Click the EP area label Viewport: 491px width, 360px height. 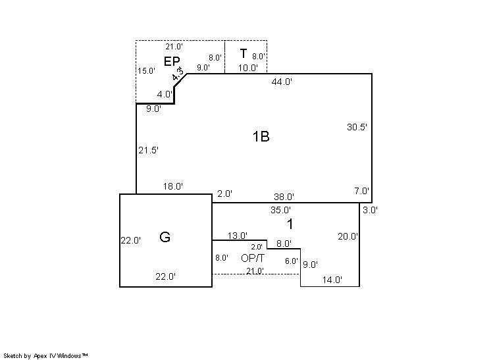pos(172,61)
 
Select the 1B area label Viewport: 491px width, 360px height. pos(261,136)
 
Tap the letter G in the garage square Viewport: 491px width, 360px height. pos(165,237)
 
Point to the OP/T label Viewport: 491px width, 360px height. pos(253,258)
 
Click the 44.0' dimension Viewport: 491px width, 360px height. pos(282,82)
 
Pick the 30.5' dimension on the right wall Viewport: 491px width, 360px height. pos(357,127)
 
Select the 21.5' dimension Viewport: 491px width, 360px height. pos(149,150)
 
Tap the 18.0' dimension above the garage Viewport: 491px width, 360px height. pos(173,186)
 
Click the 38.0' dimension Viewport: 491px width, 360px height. pos(284,197)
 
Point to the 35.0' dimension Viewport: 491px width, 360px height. pos(280,210)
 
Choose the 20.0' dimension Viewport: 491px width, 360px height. pos(348,236)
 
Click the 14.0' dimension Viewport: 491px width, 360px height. pos(332,280)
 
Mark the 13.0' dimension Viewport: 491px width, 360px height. pos(238,236)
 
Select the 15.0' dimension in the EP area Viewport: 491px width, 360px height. pos(146,70)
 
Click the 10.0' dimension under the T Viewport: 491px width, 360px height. pos(248,68)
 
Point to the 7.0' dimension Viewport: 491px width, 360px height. pos(362,191)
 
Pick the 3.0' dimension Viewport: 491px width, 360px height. pos(370,210)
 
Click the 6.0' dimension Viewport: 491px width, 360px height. pos(291,261)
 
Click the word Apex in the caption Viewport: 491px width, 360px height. pos(40,356)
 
